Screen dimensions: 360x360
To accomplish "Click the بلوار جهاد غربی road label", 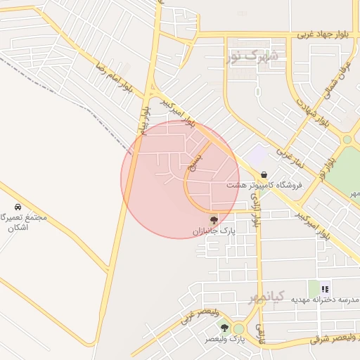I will (324, 34).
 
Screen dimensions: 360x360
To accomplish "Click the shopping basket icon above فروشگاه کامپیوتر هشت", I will (264, 174).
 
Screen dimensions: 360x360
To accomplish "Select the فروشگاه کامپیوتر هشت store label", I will (264, 185).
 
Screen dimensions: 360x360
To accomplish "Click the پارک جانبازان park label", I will (214, 231).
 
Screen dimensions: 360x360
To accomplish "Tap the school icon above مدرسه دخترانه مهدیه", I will (325, 288).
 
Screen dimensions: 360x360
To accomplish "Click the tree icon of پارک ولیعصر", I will (224, 328).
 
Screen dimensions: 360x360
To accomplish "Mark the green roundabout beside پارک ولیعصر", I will (239, 328).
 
